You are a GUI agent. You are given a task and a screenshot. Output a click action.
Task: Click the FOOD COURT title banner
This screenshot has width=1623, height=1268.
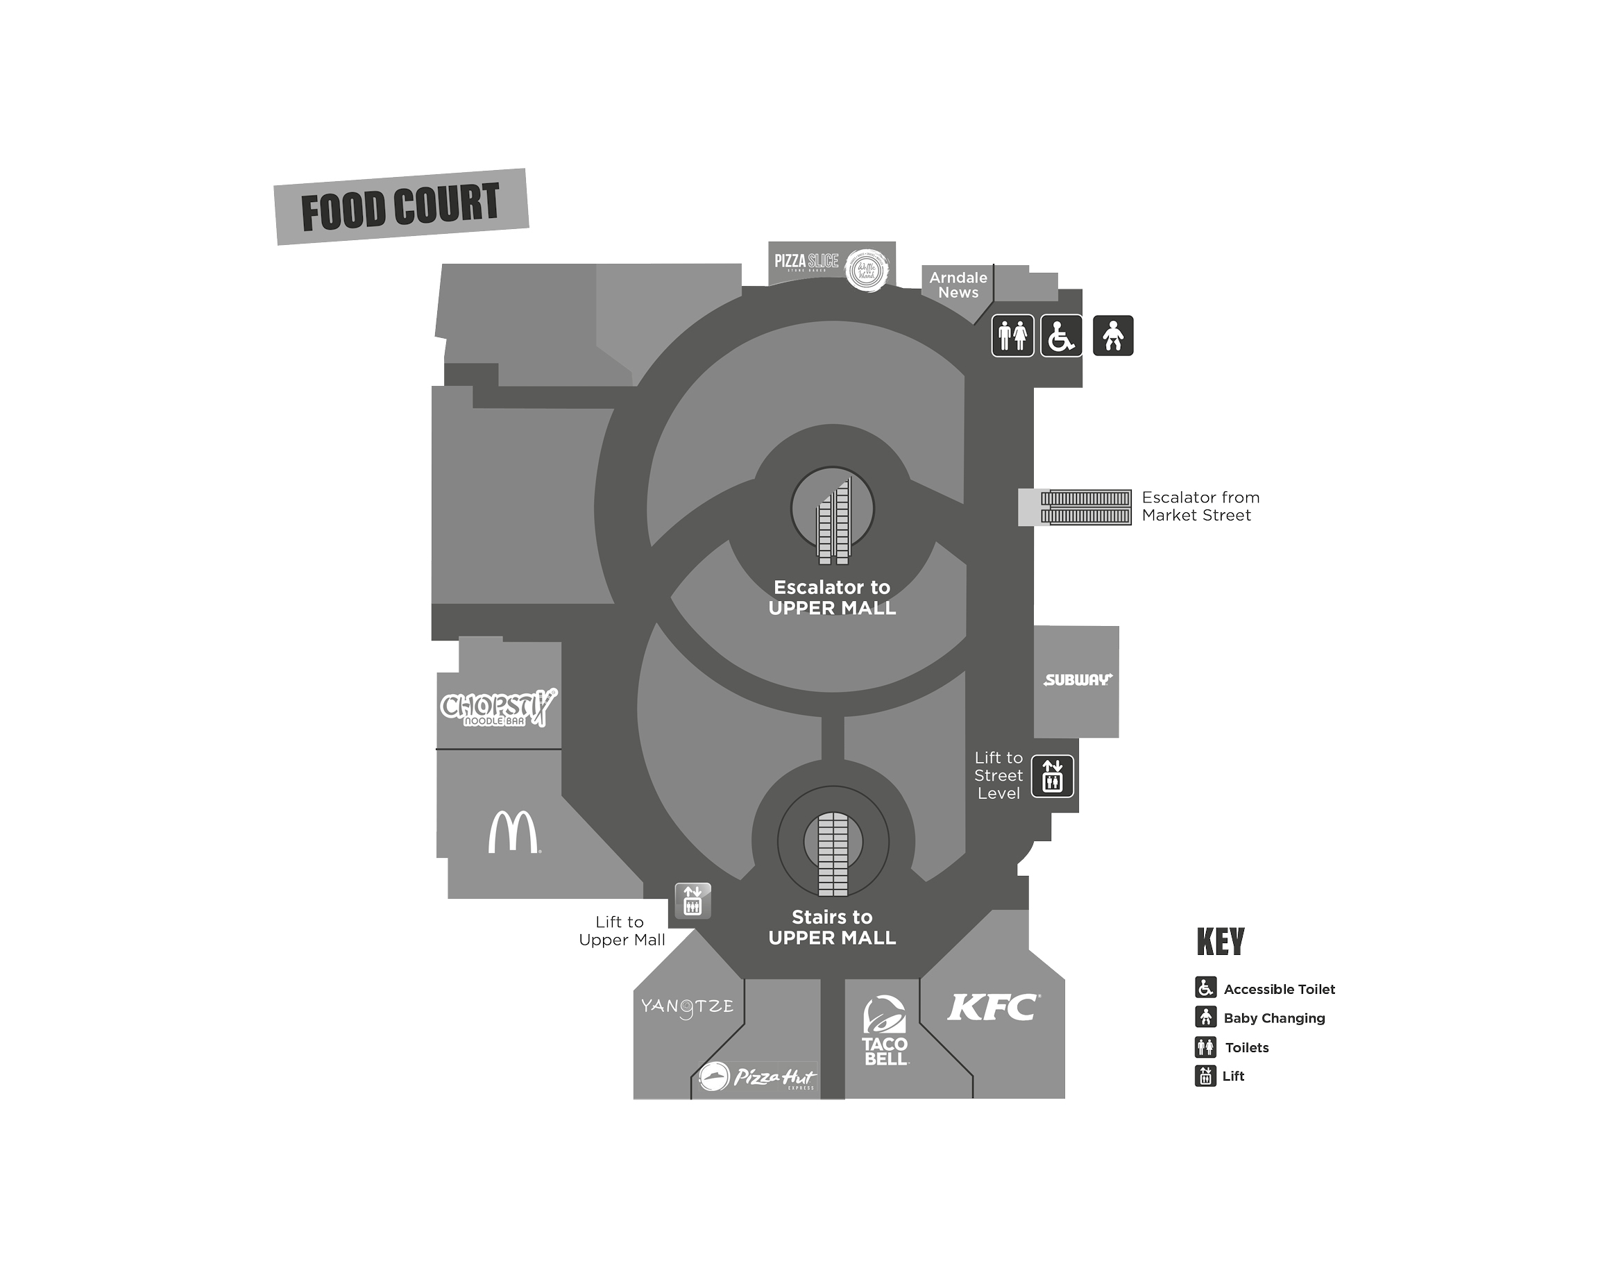point(401,207)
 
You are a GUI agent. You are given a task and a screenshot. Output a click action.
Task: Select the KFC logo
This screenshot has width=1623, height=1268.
point(994,1008)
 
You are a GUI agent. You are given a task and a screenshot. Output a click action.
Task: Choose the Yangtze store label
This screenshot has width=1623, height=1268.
point(688,1007)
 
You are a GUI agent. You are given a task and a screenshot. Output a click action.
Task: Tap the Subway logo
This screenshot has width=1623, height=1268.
point(1078,679)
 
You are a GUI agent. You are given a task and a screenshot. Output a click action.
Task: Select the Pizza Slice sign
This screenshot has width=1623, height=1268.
point(806,262)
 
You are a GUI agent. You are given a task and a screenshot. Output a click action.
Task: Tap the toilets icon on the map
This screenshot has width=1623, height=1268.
point(1012,336)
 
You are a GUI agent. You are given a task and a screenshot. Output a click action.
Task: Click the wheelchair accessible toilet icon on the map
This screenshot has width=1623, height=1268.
point(1061,336)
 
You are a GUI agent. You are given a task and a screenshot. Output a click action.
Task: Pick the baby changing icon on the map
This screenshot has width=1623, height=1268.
point(1112,336)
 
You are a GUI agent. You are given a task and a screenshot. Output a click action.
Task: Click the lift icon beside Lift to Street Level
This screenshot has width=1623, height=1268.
point(1052,776)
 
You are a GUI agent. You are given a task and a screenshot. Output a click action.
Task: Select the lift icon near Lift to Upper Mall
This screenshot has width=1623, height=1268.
point(692,901)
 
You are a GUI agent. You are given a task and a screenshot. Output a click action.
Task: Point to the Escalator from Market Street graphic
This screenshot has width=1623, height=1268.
point(1085,507)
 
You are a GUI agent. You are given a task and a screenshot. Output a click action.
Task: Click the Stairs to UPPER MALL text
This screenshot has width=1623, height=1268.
point(832,928)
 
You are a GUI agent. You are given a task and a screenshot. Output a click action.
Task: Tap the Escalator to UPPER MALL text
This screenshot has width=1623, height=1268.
point(832,598)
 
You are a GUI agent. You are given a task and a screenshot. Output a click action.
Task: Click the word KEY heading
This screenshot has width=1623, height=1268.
point(1221,942)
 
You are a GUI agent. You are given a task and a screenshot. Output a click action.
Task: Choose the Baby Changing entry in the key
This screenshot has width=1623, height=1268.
point(1274,1018)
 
